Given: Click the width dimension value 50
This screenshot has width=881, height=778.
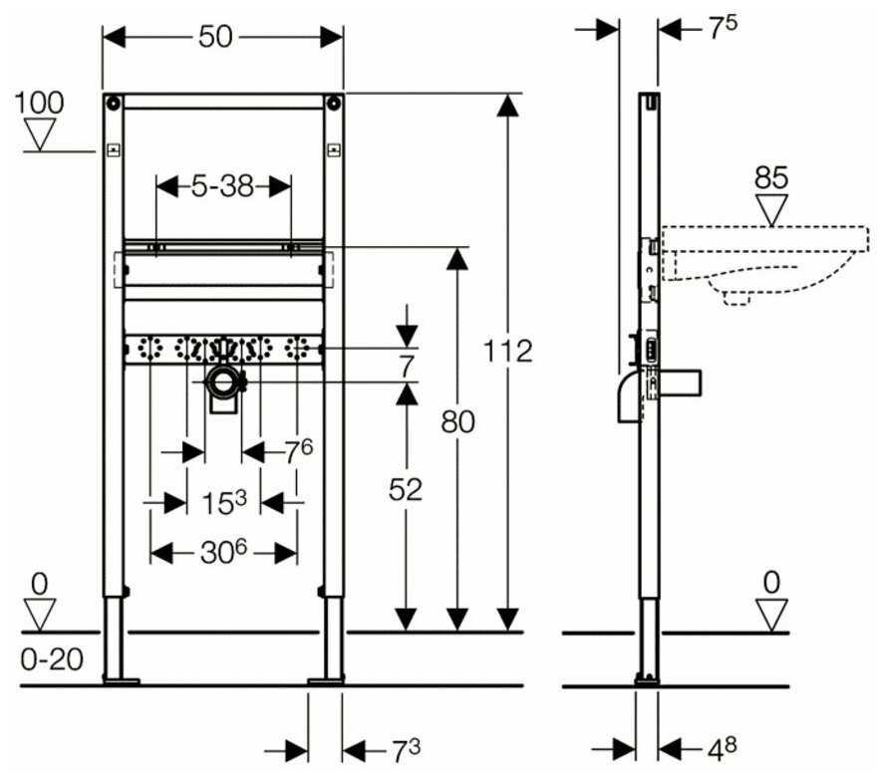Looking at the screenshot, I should pos(216,37).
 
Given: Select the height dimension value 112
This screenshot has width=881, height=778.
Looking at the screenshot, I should pos(508,351).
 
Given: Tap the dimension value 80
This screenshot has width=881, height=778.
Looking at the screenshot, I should pos(456,421).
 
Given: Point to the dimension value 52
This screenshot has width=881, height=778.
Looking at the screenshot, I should pos(405,489).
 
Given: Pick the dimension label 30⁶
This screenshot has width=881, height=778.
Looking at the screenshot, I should pos(223,552).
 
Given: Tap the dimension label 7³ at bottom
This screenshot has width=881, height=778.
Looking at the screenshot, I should pos(377,749).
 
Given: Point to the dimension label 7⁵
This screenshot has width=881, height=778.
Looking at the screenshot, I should pos(722,29).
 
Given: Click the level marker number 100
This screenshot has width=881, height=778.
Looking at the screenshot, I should pos(40,102).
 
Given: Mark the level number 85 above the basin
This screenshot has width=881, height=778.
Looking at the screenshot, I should pos(771,178).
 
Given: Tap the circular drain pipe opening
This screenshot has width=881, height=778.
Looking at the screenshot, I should pos(224,381).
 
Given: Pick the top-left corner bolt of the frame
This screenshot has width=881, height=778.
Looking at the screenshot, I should pos(115,102).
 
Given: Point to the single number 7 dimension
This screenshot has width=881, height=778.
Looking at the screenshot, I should pos(405,366).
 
